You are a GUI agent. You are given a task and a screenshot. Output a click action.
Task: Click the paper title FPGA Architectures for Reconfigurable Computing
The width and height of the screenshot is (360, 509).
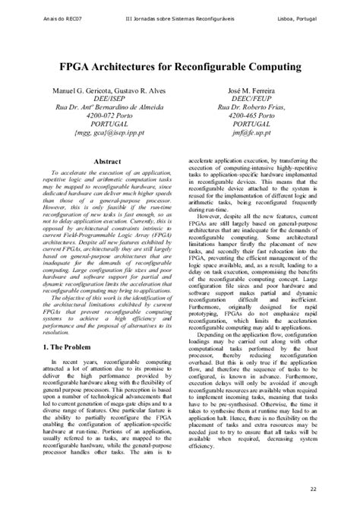coord(179,68)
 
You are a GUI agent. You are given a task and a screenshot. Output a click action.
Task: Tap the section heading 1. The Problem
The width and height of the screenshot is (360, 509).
coord(59,347)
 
